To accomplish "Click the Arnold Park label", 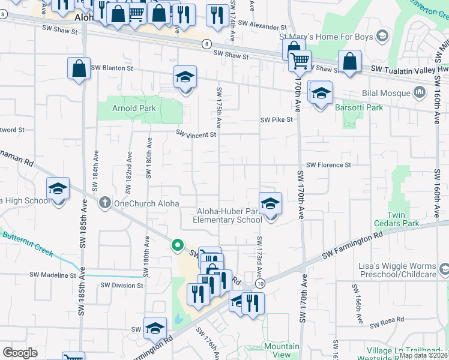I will point(134,109).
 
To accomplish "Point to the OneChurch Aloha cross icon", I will point(104,203).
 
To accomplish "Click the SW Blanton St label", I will point(112,68).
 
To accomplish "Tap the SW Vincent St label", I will point(196,135).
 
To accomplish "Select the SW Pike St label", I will point(276,119).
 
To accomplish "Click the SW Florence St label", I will point(328,165).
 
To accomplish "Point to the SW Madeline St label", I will point(53,275).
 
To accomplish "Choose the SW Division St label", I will point(122,285).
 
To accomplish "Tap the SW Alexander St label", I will point(262,28).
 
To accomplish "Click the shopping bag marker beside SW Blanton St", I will point(79,68).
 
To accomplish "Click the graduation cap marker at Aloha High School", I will point(58,189).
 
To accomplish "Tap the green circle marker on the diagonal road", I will point(177,245).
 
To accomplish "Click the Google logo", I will point(20,353).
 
